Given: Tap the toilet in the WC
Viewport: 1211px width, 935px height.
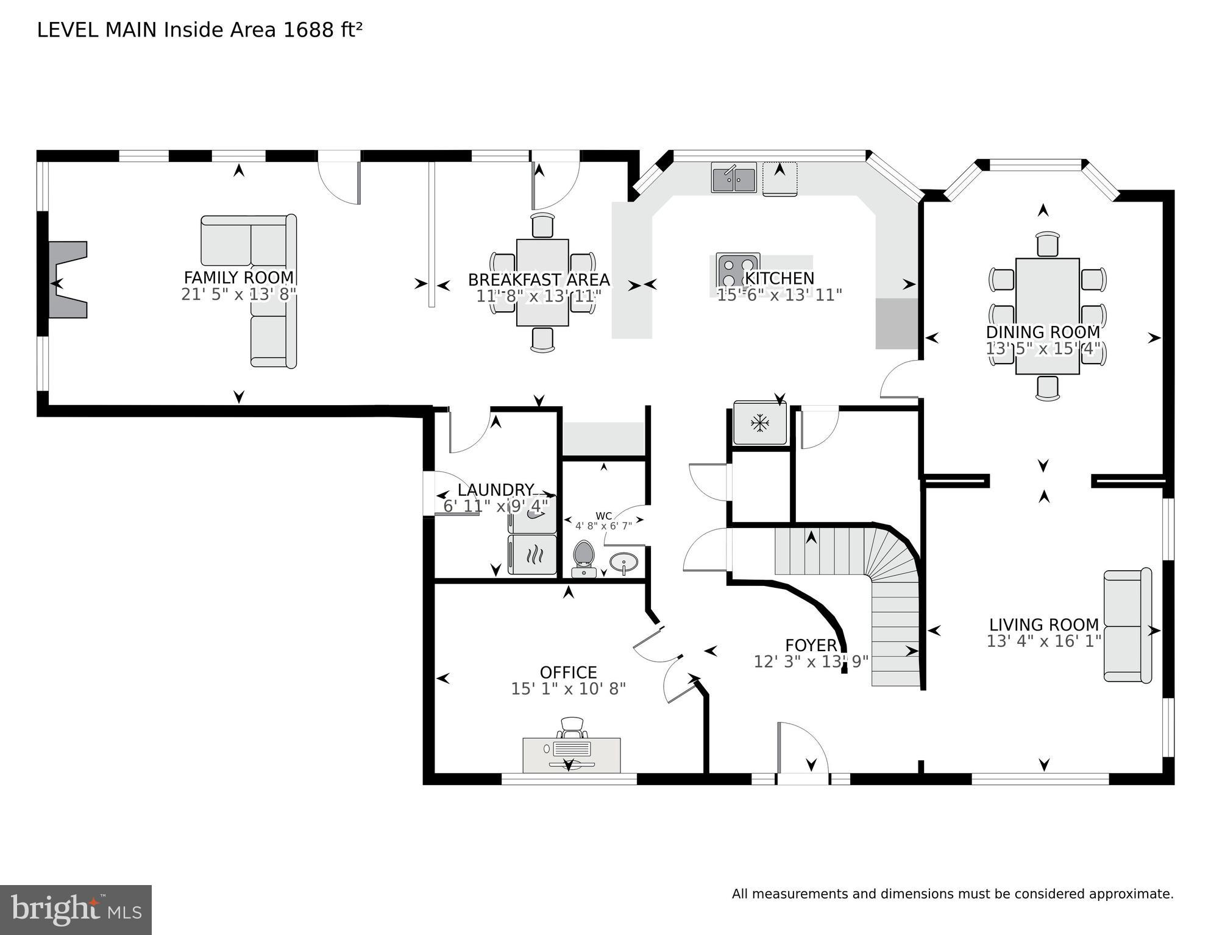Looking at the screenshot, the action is click(x=584, y=558).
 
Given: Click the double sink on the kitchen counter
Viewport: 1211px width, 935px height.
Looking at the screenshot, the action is click(x=734, y=178).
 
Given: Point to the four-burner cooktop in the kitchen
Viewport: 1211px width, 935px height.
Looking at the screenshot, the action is click(x=737, y=270).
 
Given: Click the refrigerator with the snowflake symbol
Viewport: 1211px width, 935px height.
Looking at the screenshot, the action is click(x=759, y=423).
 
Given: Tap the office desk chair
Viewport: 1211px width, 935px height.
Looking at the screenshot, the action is click(x=572, y=727).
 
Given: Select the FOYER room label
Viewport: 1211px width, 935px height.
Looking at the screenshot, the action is click(x=811, y=645).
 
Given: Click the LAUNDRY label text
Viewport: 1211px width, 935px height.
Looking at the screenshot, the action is click(x=495, y=490).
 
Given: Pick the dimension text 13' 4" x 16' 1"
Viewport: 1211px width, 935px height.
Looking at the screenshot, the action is click(x=1043, y=641).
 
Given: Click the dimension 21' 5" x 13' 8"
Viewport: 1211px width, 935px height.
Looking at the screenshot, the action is click(x=238, y=295).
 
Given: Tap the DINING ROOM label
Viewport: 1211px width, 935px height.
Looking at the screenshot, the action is click(x=1043, y=332).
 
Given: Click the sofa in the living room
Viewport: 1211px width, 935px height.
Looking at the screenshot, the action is click(x=1128, y=626).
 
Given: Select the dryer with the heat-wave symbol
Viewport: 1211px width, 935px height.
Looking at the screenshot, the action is click(x=532, y=555).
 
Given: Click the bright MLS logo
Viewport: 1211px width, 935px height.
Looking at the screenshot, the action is click(x=76, y=910).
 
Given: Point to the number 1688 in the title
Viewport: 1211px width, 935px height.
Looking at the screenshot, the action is click(x=308, y=30).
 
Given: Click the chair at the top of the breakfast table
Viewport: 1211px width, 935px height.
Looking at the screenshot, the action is click(x=542, y=225).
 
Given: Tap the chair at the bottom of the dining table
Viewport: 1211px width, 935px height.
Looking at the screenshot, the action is click(x=1047, y=388).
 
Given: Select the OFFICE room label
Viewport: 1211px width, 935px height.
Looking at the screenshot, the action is click(x=568, y=672).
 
